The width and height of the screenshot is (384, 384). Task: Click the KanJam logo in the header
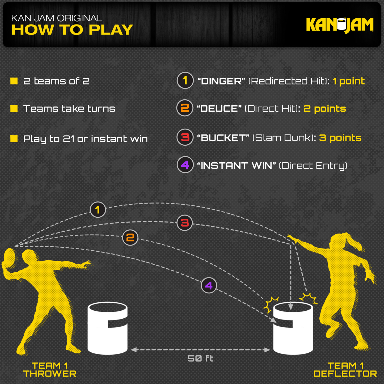tap(340, 25)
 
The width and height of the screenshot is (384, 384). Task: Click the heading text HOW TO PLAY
tap(72, 30)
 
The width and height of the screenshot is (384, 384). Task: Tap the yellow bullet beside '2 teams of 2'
tap(14, 81)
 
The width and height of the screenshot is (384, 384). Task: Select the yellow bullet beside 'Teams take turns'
tap(14, 108)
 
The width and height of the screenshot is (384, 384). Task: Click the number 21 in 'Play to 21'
tap(69, 139)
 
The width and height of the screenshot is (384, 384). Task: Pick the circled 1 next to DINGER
tap(185, 81)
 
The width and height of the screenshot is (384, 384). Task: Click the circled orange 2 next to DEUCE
tap(185, 108)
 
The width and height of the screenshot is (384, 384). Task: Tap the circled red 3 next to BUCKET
tap(185, 137)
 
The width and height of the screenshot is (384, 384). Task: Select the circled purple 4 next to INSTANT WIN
tap(185, 165)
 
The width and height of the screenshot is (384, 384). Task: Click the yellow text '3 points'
tap(340, 138)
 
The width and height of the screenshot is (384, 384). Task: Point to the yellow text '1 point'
tap(348, 81)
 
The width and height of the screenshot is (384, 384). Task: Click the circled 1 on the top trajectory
tap(98, 210)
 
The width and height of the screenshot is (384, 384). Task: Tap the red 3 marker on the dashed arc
tap(184, 223)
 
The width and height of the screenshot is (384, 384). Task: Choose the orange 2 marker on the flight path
tap(130, 238)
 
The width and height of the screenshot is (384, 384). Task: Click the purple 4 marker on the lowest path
tap(209, 285)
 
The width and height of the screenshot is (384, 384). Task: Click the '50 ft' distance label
tap(200, 358)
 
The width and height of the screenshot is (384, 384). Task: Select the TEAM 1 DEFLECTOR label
tap(345, 370)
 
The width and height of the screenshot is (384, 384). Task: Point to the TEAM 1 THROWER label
tap(50, 370)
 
